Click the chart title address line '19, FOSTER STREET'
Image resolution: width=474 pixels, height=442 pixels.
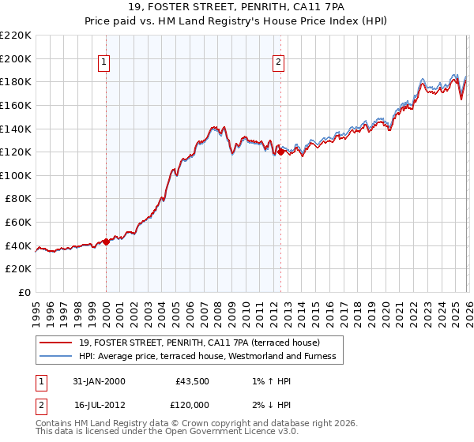point(236,9)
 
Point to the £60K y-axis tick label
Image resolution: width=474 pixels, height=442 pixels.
point(18,223)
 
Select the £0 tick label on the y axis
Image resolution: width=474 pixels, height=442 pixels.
point(24,293)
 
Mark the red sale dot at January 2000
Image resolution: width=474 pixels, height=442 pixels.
point(106,242)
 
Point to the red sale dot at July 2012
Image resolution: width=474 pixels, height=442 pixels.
point(280,152)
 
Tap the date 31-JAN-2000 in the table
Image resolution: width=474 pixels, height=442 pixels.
point(99,381)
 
